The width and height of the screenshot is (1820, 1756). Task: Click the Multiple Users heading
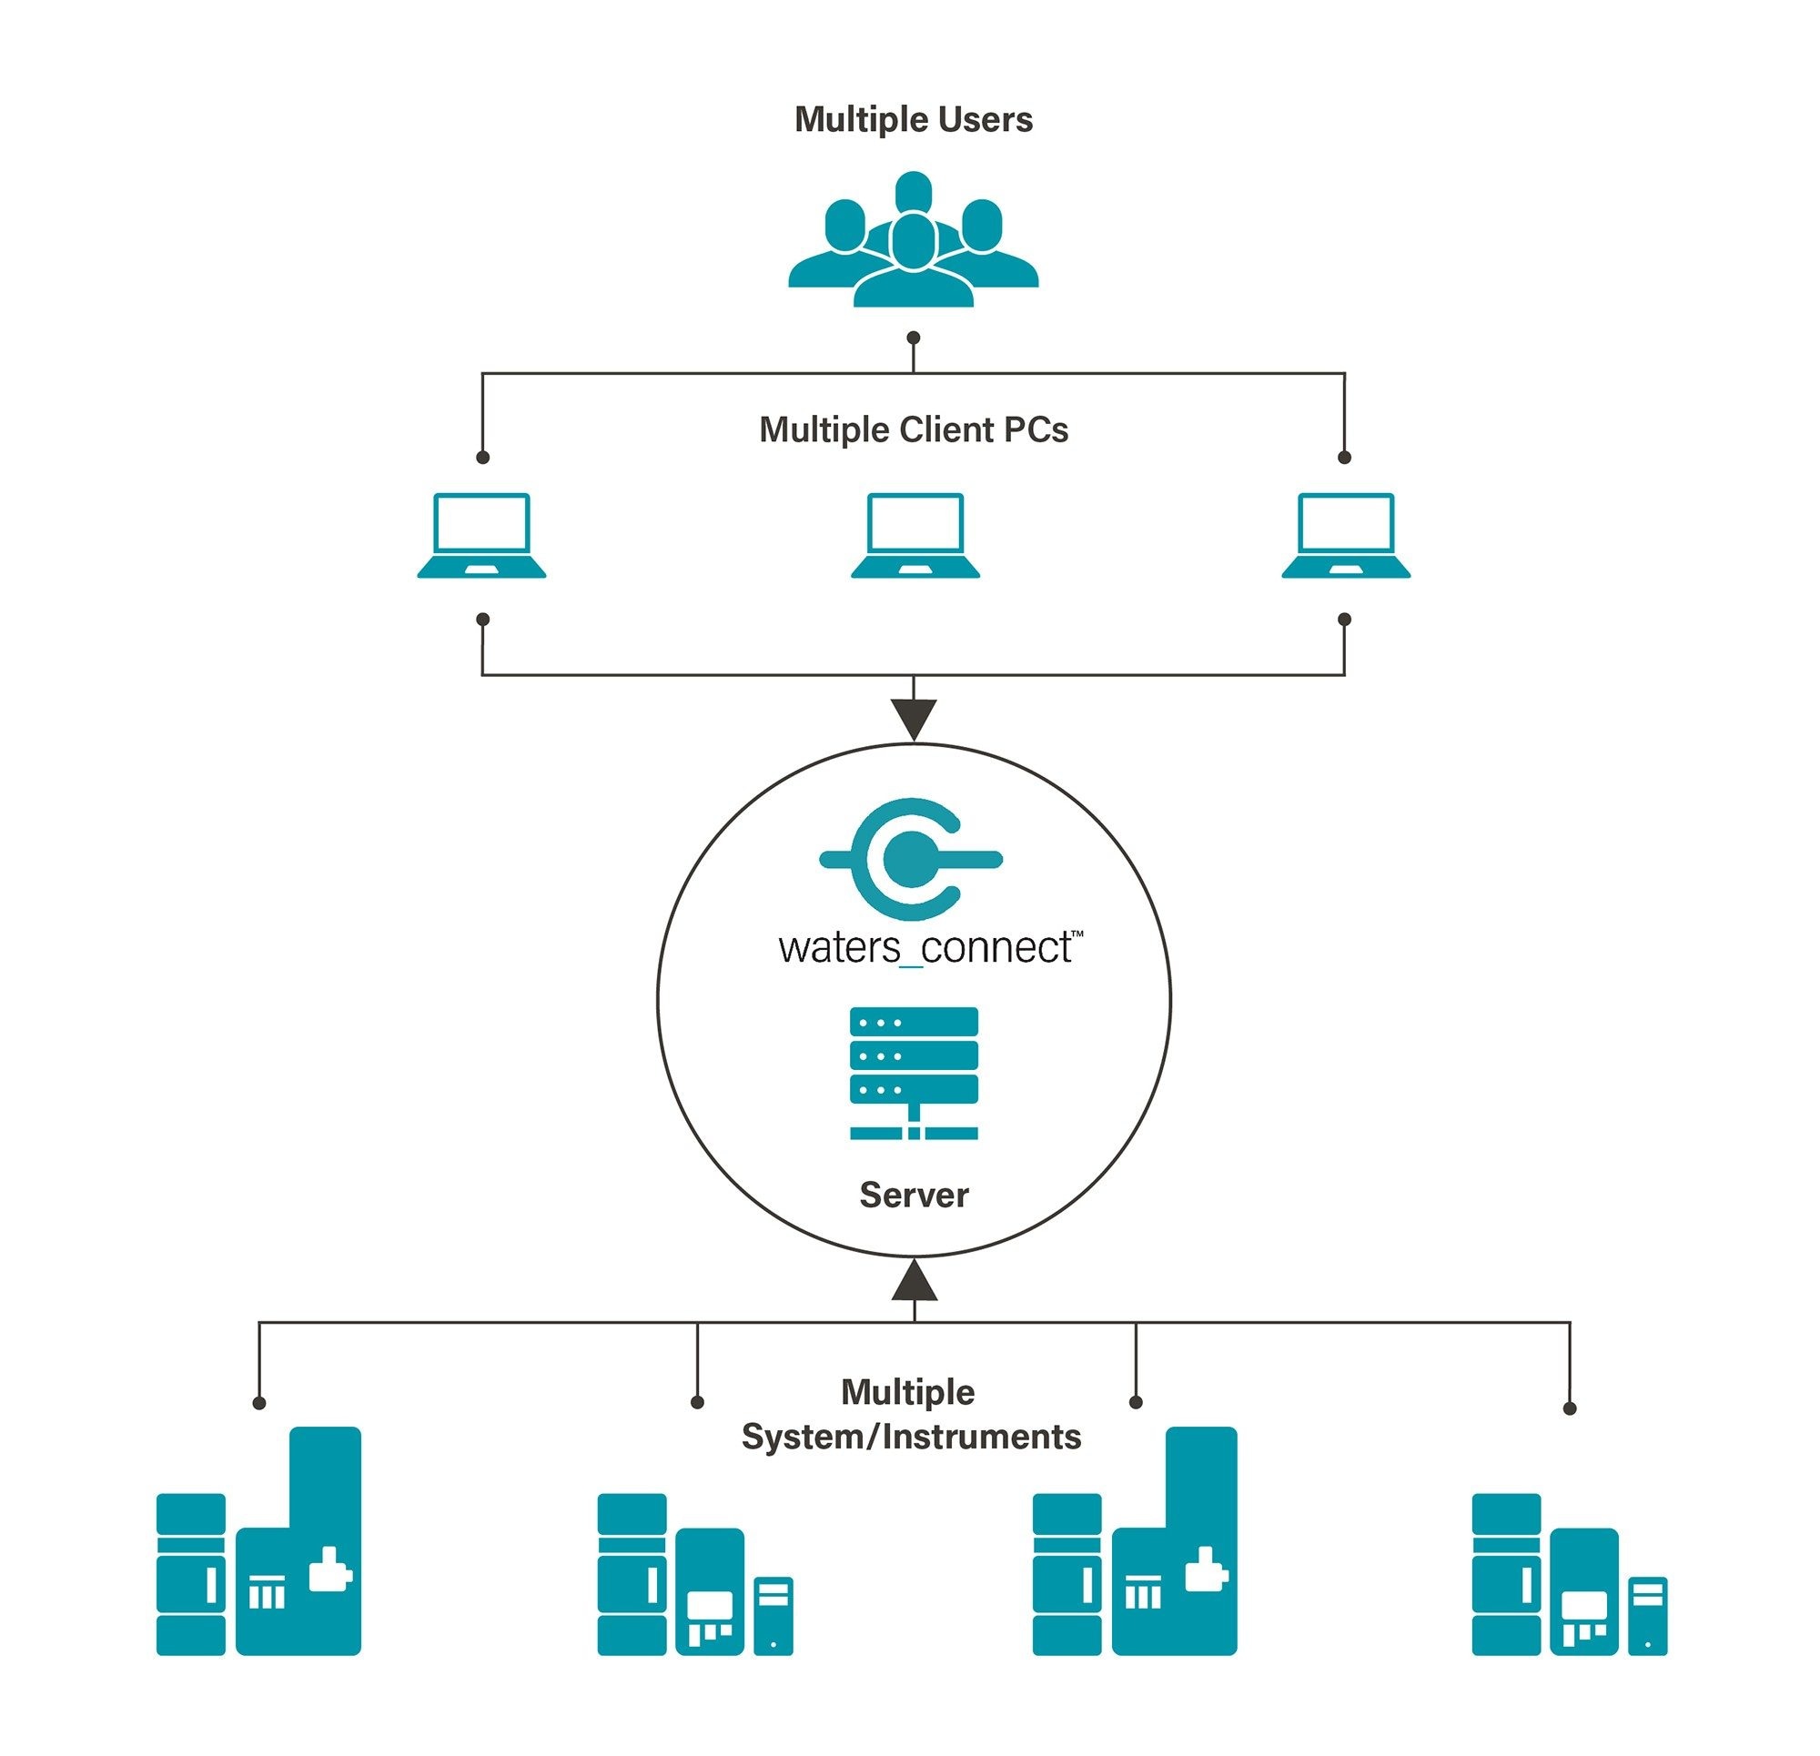click(x=913, y=120)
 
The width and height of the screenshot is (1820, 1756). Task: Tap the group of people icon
click(x=913, y=240)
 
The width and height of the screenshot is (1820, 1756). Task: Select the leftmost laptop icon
click(x=481, y=536)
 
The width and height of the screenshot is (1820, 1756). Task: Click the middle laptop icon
click(x=915, y=536)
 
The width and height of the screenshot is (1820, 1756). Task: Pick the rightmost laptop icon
click(x=1345, y=536)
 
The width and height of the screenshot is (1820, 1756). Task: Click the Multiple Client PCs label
click(x=913, y=430)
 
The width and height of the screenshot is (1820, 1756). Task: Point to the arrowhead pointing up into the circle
click(x=914, y=1280)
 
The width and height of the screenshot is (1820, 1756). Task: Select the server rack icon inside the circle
click(x=914, y=1073)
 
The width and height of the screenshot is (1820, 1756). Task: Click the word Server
click(x=914, y=1196)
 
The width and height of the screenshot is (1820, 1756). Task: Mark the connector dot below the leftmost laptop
click(x=482, y=620)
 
